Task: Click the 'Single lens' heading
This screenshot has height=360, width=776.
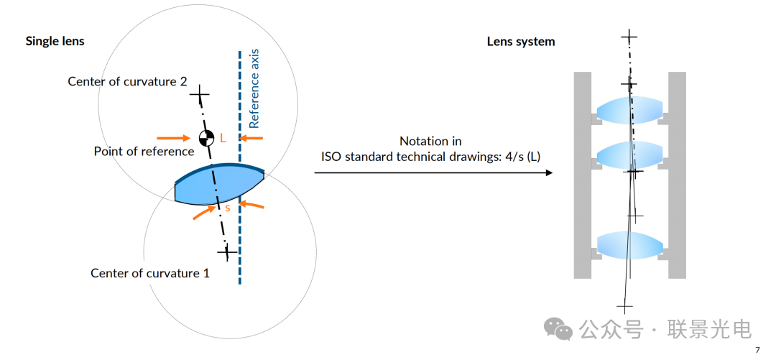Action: coord(55,41)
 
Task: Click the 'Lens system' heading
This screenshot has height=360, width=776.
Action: coord(520,41)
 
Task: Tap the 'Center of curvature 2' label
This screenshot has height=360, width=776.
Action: coord(127,81)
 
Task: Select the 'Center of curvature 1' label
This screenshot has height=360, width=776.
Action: coord(149,273)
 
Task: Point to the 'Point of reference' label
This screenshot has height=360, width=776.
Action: coord(144,152)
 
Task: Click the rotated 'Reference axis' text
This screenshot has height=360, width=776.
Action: coord(253,89)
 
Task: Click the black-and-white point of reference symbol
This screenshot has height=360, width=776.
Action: coord(206,137)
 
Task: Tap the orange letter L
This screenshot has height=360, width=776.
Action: coord(223,139)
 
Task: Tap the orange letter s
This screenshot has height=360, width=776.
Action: coord(227,207)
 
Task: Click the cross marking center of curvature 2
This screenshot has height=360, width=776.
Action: coord(200,94)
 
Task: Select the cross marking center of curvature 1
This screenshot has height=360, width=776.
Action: coord(227,252)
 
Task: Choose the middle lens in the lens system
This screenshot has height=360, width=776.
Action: coord(629,154)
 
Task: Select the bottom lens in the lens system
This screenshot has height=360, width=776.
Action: coord(629,244)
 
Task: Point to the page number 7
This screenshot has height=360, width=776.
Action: coord(757,350)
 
